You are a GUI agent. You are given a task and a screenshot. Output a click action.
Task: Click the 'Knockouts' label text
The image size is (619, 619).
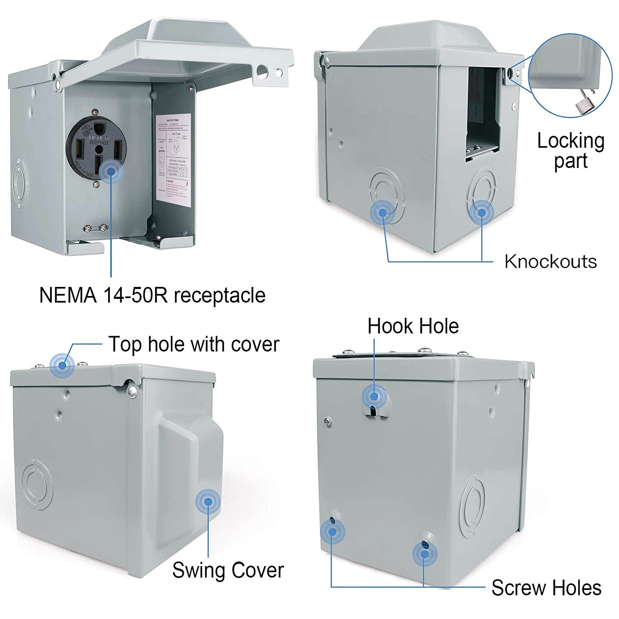(551, 262)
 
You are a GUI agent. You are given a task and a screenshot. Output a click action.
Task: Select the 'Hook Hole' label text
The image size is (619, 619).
(413, 326)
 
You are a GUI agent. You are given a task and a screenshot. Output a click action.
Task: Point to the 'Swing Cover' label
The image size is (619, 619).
(228, 570)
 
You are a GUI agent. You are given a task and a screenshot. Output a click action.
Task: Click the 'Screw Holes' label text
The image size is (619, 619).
(546, 588)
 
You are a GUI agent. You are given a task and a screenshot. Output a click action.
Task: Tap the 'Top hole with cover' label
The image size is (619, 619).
(194, 344)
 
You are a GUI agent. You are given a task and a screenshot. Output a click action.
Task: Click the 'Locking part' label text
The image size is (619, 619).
(571, 151)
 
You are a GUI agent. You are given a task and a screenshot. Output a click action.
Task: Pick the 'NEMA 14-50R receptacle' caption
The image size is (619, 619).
(152, 295)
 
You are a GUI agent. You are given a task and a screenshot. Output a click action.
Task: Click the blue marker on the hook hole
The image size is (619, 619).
(374, 396)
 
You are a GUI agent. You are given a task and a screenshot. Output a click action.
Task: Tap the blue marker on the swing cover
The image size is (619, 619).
(208, 502)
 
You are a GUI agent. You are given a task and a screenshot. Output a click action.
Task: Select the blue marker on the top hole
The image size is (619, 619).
(62, 364)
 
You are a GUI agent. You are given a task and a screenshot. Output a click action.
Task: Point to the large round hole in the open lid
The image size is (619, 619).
(262, 70)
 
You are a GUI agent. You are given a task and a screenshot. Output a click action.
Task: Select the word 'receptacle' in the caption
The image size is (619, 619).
(220, 296)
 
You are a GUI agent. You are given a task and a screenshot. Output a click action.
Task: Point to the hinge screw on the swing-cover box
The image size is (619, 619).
(133, 393)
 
